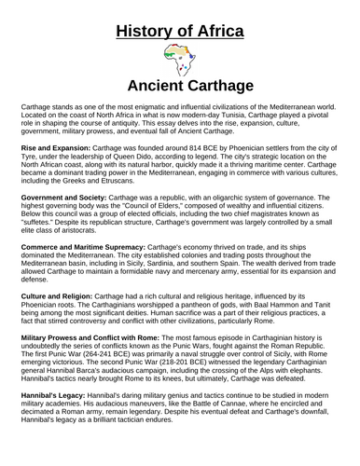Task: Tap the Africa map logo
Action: pos(179,62)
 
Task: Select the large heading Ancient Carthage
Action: pos(180,87)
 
